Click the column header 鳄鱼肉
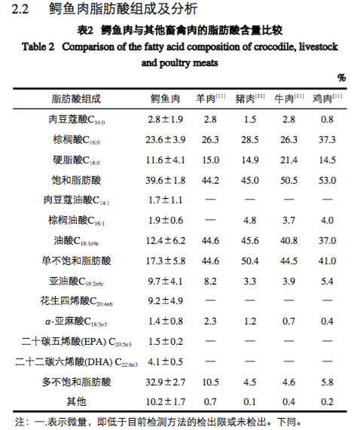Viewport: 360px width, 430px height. click(x=165, y=99)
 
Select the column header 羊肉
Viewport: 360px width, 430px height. click(x=210, y=99)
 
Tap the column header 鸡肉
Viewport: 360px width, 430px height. click(x=327, y=99)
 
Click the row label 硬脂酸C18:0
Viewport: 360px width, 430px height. click(x=75, y=160)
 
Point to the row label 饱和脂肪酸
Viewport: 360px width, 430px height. click(x=75, y=180)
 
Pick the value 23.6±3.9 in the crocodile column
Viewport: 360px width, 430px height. click(x=165, y=140)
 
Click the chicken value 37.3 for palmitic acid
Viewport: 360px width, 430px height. click(x=327, y=140)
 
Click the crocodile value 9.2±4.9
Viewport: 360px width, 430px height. click(x=165, y=301)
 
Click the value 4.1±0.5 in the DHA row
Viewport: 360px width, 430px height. click(x=165, y=361)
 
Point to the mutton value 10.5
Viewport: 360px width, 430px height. click(x=210, y=382)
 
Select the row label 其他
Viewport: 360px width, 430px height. click(x=75, y=401)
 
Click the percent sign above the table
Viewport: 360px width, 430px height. click(x=341, y=78)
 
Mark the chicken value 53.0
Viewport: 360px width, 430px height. click(x=327, y=180)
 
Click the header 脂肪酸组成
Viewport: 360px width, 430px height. click(x=75, y=99)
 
